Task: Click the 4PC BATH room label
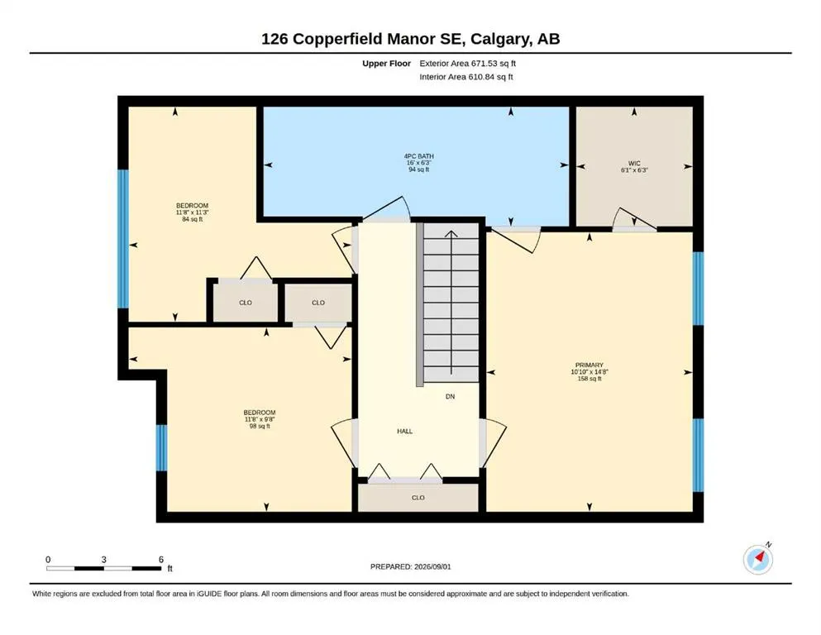coord(419,156)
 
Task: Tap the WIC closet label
coord(634,164)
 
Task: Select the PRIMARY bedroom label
coord(589,365)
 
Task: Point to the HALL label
coord(405,432)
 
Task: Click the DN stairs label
coord(451,397)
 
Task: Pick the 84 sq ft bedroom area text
coord(192,219)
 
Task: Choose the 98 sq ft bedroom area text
coord(260,426)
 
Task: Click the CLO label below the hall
coord(418,498)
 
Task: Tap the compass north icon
coord(758,558)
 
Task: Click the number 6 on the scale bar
coord(161,559)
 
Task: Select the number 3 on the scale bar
coord(103,559)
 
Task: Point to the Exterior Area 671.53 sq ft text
coord(468,64)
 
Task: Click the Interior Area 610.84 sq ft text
coord(466,77)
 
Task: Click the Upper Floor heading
coord(386,64)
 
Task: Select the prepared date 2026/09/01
coord(432,566)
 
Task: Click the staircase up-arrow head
coord(451,233)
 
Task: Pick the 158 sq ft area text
coord(589,379)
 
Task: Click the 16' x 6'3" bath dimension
coord(419,163)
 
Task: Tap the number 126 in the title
coord(274,39)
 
